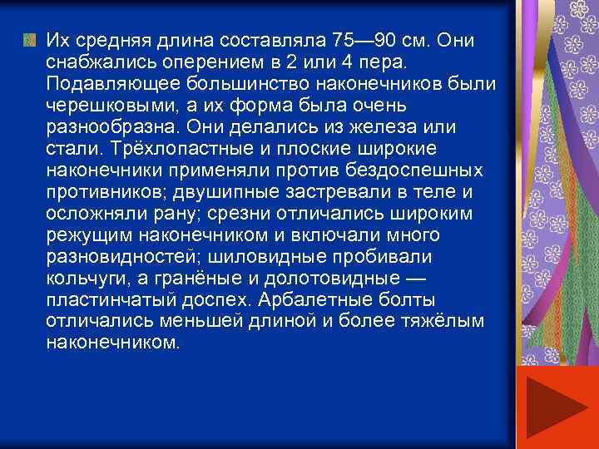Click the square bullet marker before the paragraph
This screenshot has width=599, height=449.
[30, 39]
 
